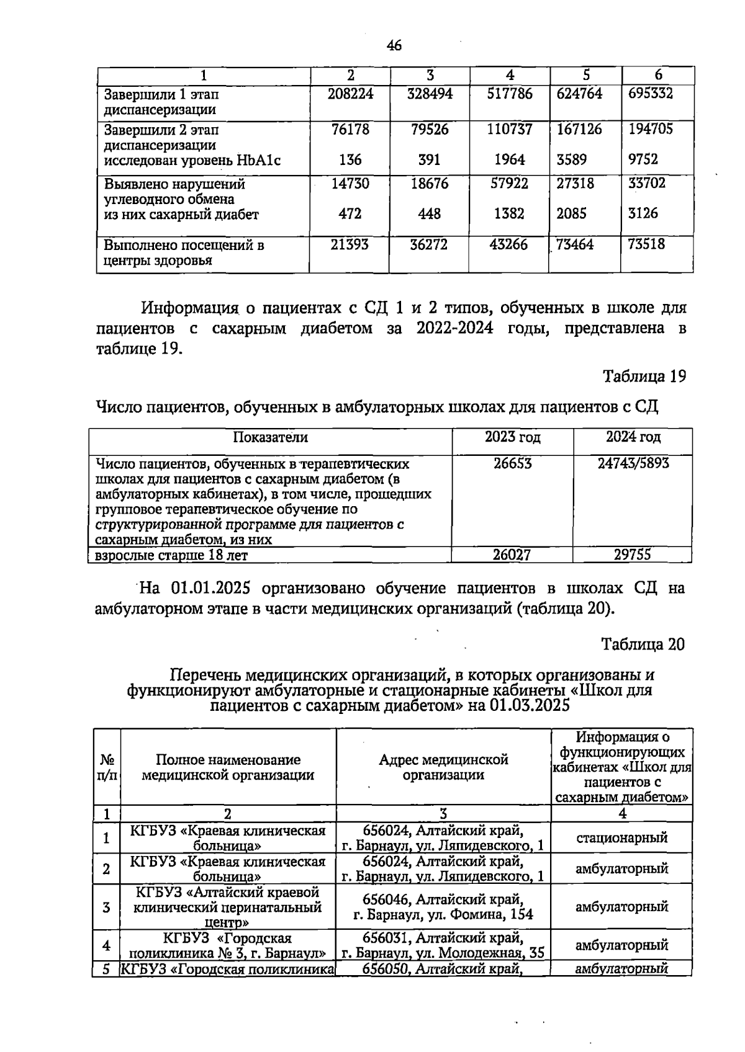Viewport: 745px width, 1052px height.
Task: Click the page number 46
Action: [x=394, y=45]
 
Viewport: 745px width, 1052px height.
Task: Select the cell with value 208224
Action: [x=350, y=94]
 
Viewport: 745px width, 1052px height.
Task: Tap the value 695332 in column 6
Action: [x=650, y=94]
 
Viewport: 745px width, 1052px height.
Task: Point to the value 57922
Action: [x=508, y=184]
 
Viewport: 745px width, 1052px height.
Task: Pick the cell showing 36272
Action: [x=429, y=245]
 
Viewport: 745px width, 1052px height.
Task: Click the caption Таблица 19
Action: [x=644, y=377]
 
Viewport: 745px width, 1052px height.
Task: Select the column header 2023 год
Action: [x=512, y=437]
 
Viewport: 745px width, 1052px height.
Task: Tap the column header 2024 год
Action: [x=633, y=437]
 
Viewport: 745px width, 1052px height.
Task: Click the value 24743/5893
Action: [x=633, y=463]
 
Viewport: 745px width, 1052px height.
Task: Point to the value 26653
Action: [x=512, y=463]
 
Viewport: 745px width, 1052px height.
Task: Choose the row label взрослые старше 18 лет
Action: [x=171, y=555]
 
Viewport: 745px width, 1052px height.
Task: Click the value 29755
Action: [x=632, y=555]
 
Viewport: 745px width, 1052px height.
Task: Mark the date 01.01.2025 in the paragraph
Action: [x=210, y=588]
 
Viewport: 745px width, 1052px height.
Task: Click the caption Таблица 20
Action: [x=643, y=645]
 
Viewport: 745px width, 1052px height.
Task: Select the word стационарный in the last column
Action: [x=621, y=838]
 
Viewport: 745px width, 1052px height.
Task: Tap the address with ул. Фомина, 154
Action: [x=443, y=914]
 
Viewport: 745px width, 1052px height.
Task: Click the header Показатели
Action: [x=270, y=437]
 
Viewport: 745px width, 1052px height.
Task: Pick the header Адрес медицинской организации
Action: [x=443, y=767]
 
